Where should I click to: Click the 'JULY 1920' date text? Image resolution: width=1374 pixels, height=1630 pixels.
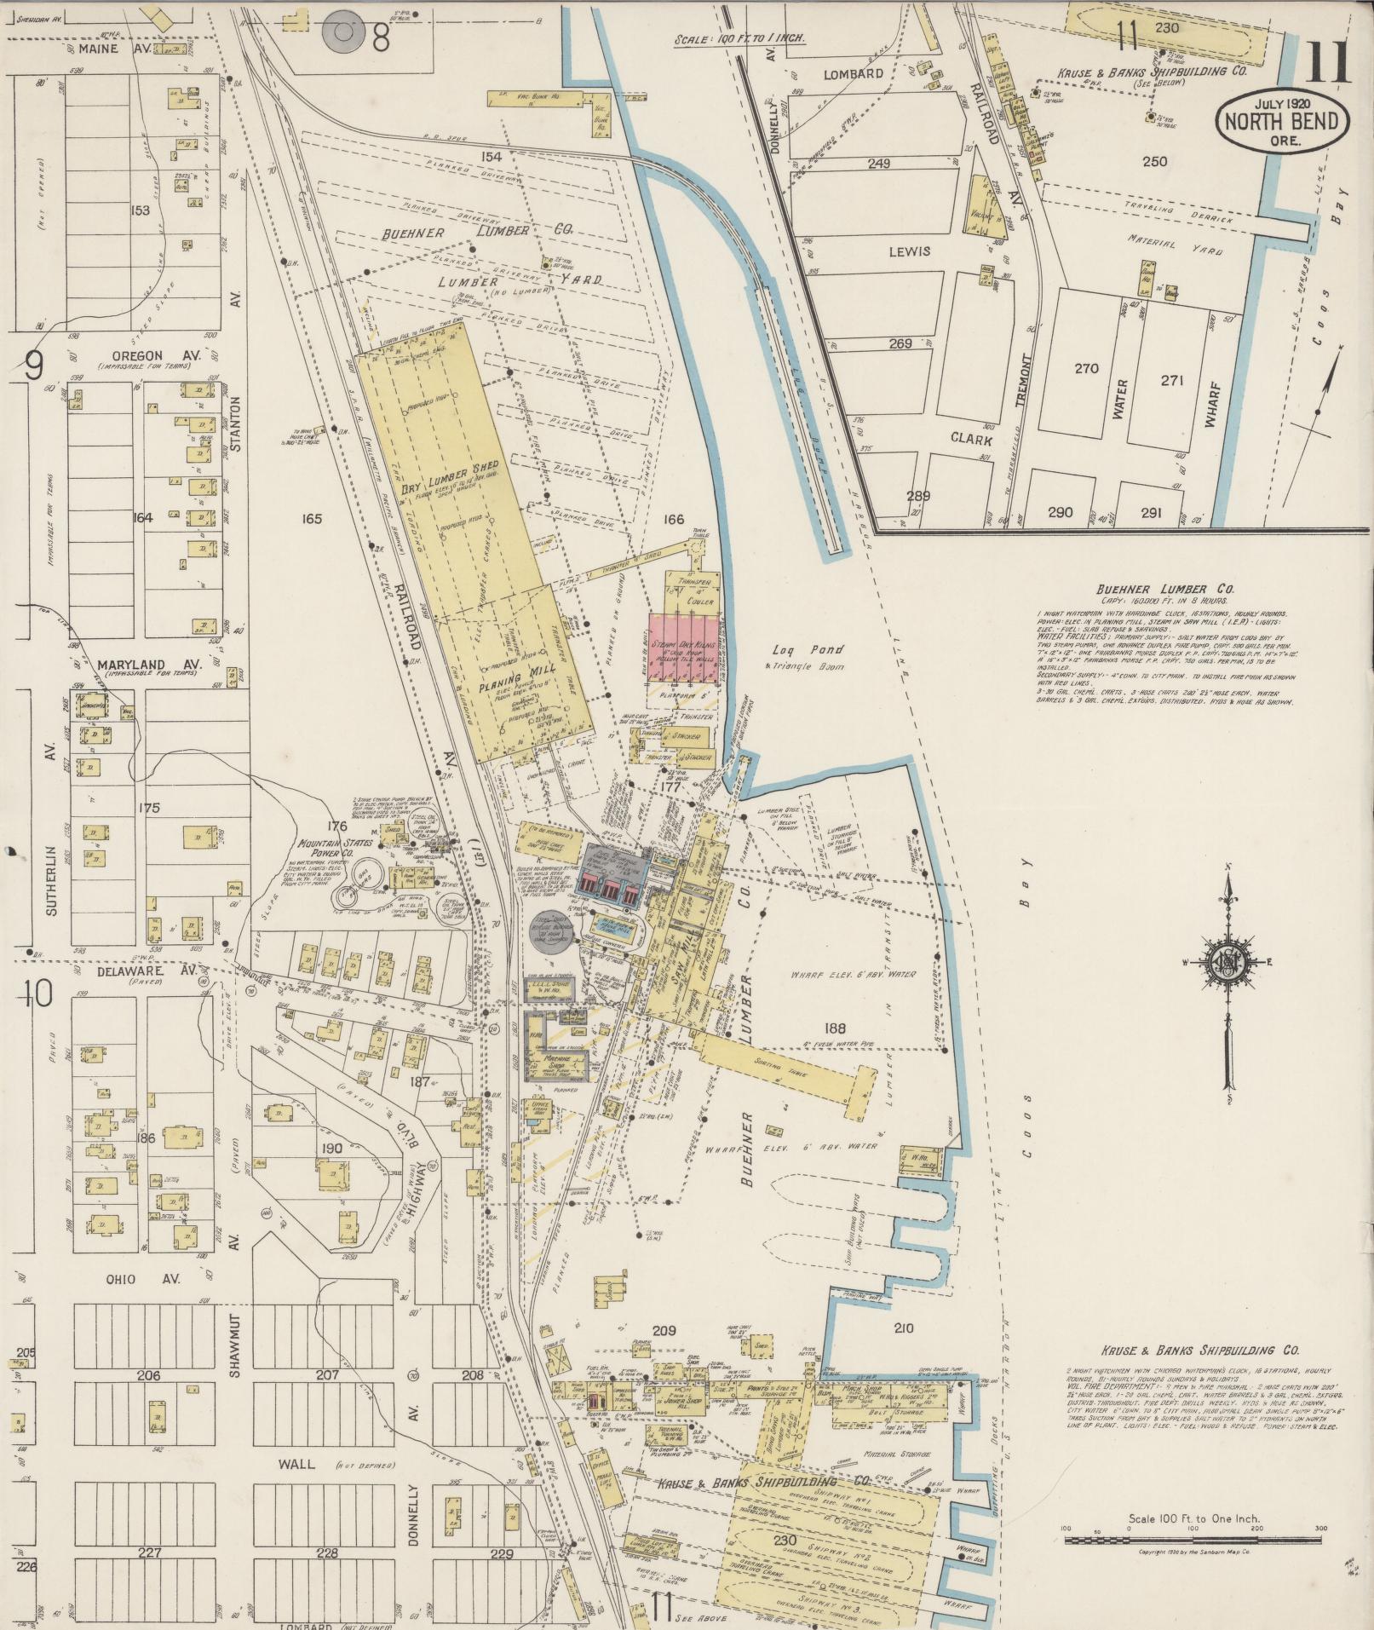[1282, 102]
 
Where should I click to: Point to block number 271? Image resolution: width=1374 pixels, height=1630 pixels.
[1172, 380]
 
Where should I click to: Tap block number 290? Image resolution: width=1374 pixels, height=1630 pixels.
[1061, 513]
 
